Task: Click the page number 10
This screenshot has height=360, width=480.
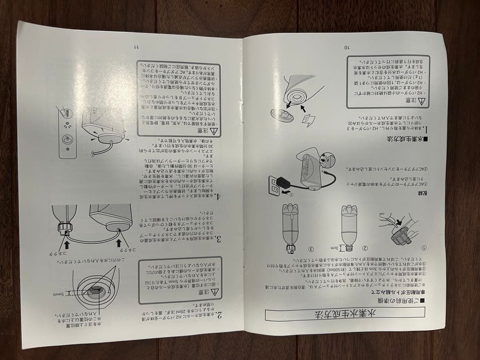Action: pos(347,47)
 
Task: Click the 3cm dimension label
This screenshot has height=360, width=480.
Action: pos(333,248)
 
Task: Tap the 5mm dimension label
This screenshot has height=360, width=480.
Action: pos(59,294)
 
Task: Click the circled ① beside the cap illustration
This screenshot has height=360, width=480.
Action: pos(424,248)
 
